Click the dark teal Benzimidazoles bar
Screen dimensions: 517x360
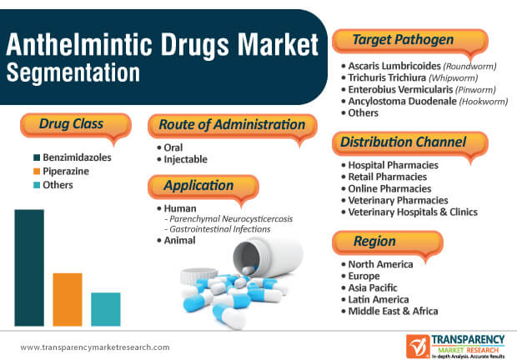click(29, 267)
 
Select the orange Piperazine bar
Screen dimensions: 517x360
click(68, 299)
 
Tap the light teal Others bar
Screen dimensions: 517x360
click(106, 309)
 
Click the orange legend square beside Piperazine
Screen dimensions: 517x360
click(37, 172)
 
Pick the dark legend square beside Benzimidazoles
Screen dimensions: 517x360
click(37, 157)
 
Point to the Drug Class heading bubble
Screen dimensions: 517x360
click(76, 126)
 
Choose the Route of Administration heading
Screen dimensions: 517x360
click(232, 125)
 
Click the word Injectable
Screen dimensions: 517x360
click(186, 159)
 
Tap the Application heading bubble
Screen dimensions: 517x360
click(203, 187)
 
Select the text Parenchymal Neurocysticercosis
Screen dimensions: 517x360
click(231, 218)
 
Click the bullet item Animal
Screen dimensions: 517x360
click(179, 241)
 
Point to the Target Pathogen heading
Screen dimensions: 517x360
click(404, 39)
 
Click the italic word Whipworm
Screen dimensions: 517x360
click(454, 78)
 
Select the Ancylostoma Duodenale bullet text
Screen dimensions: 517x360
click(402, 101)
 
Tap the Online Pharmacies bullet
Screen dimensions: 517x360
click(389, 188)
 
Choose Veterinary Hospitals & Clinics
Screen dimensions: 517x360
click(413, 212)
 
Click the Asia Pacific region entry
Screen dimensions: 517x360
click(373, 287)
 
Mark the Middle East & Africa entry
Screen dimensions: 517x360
click(393, 312)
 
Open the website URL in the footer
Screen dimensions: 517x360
click(95, 347)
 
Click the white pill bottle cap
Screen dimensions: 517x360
click(198, 277)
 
